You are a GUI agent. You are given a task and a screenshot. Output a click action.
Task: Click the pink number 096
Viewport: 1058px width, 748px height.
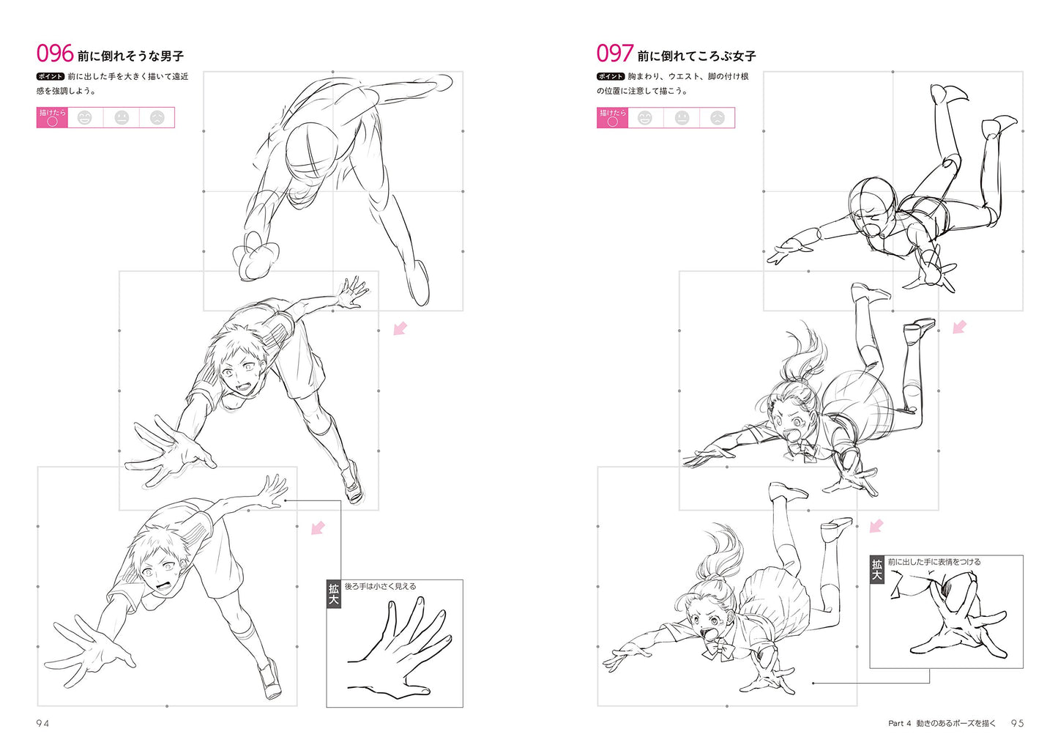point(55,53)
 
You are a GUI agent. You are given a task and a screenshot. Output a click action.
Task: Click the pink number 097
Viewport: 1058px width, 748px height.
point(614,53)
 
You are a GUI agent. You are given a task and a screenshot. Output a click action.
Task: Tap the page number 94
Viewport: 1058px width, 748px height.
point(42,723)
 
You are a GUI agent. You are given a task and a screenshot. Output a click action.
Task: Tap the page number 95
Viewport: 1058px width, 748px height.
point(1017,723)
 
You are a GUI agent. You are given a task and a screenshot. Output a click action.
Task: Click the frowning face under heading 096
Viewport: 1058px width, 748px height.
point(157,118)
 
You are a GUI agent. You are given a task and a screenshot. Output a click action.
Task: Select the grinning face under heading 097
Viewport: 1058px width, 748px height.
point(645,118)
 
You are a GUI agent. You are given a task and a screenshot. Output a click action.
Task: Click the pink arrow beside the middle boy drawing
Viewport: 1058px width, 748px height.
point(401,328)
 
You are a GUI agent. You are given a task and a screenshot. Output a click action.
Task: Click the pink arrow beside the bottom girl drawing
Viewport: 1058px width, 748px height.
point(877,527)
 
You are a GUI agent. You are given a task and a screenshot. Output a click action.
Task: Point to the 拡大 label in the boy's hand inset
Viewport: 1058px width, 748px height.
point(334,594)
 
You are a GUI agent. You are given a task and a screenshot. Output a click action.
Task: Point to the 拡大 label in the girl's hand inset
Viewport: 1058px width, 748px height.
point(876,570)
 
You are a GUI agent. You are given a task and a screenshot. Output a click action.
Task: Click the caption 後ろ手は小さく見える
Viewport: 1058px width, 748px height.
point(380,586)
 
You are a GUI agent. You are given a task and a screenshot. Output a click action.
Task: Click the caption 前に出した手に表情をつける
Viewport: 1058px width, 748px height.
point(934,562)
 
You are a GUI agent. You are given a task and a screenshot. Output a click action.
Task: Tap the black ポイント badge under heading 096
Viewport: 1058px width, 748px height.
point(51,76)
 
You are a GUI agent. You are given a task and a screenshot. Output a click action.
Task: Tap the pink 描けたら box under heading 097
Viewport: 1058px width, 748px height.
point(613,118)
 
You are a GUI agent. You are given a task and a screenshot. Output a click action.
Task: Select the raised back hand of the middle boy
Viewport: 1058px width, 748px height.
point(351,291)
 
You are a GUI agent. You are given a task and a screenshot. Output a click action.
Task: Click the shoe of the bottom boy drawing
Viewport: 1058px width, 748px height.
point(269,678)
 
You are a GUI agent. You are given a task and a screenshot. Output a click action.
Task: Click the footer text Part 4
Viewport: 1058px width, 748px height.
point(899,723)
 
